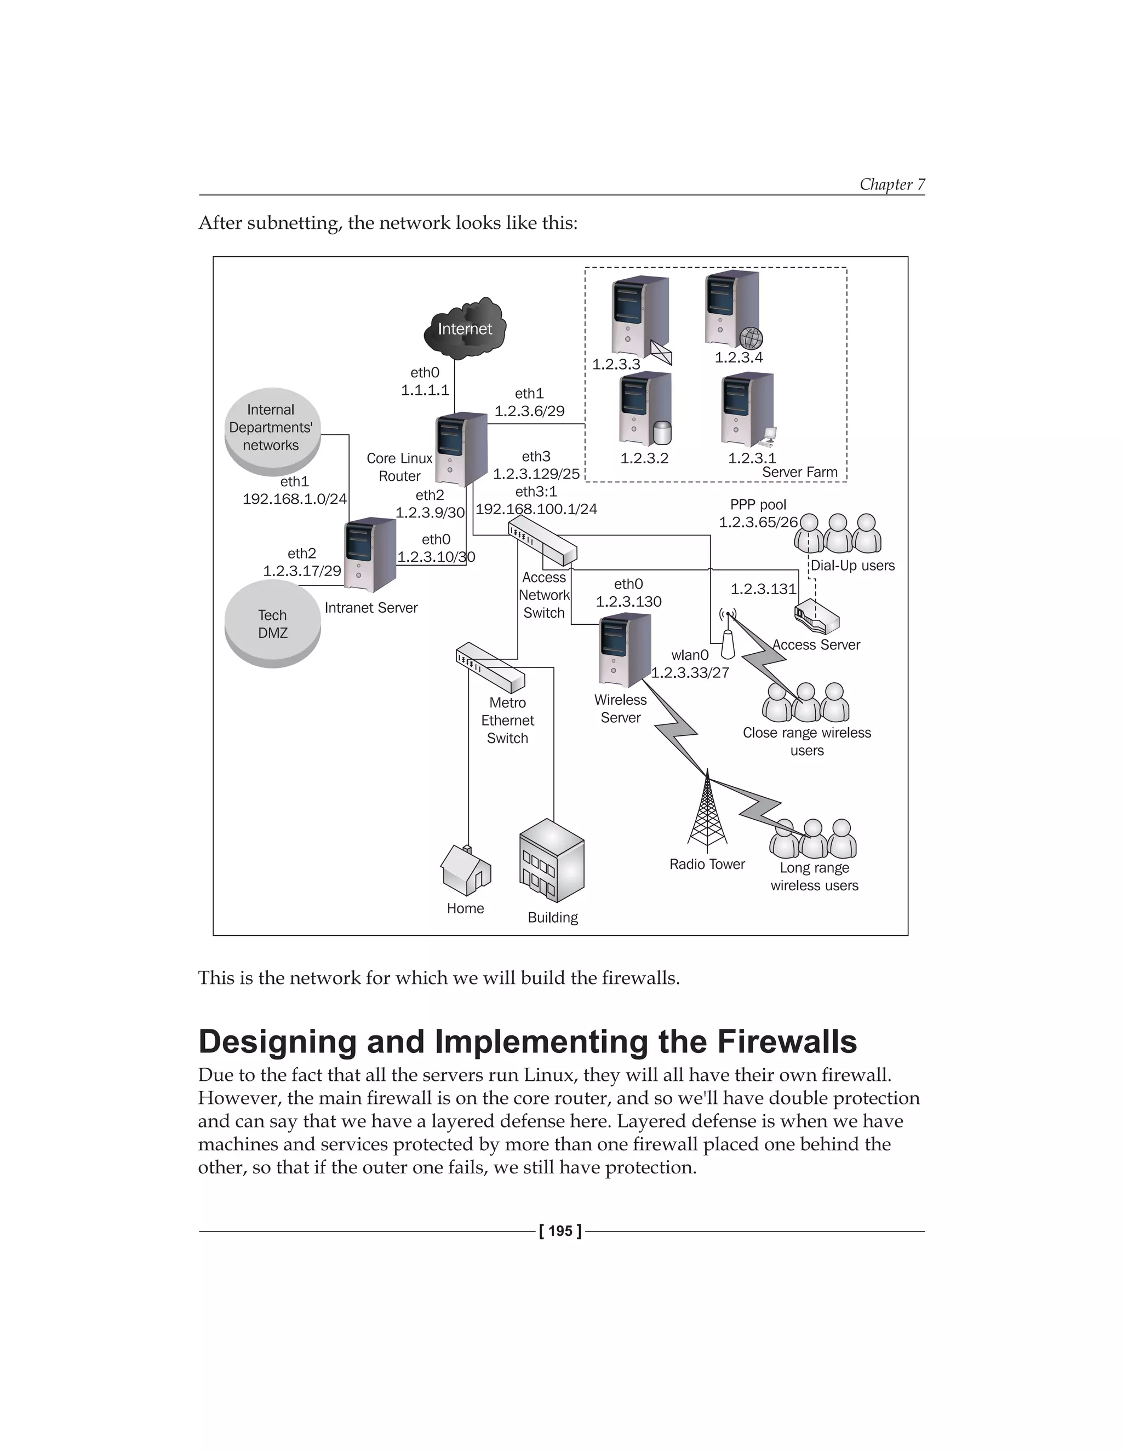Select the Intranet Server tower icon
[x=370, y=554]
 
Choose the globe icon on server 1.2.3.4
[x=751, y=338]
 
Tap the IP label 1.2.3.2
[x=644, y=458]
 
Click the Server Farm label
[x=800, y=473]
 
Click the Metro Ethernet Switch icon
[x=490, y=667]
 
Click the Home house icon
[x=466, y=871]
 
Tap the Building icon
[x=552, y=861]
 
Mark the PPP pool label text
[x=758, y=505]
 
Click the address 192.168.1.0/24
[x=294, y=499]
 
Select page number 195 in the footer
[x=560, y=1231]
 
